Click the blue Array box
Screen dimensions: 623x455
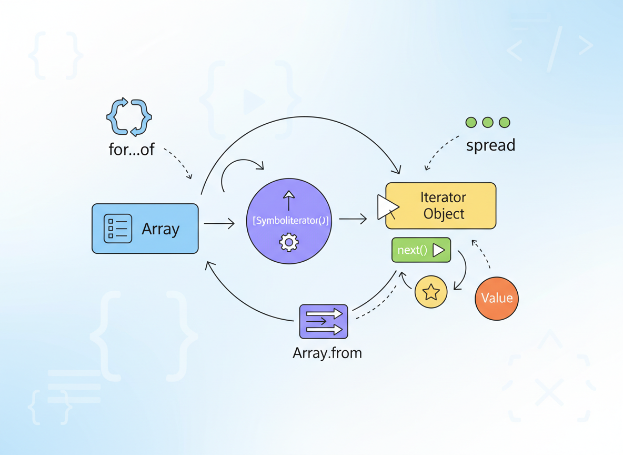pos(145,229)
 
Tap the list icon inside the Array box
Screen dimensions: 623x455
pos(118,229)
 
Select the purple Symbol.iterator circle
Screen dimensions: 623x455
pos(289,221)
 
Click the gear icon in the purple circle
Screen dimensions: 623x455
pos(289,242)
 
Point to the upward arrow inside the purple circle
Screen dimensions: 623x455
pos(289,200)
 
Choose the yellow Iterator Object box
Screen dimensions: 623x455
pos(440,205)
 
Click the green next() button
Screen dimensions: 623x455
pos(421,250)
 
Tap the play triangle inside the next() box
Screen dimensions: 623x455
pos(439,250)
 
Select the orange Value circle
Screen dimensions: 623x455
pos(497,298)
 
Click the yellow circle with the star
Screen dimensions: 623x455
pos(431,292)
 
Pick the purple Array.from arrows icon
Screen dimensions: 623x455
pos(324,321)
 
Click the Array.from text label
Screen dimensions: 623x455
pos(327,353)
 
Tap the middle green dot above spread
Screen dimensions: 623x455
pos(488,123)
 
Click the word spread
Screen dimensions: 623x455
pos(491,145)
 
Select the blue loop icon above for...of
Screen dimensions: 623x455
pos(129,117)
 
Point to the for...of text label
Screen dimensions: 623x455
pos(132,150)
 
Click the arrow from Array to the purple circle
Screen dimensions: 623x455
pos(219,223)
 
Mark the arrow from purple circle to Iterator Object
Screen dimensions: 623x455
pos(353,219)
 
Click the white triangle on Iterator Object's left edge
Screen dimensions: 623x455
pos(387,207)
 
